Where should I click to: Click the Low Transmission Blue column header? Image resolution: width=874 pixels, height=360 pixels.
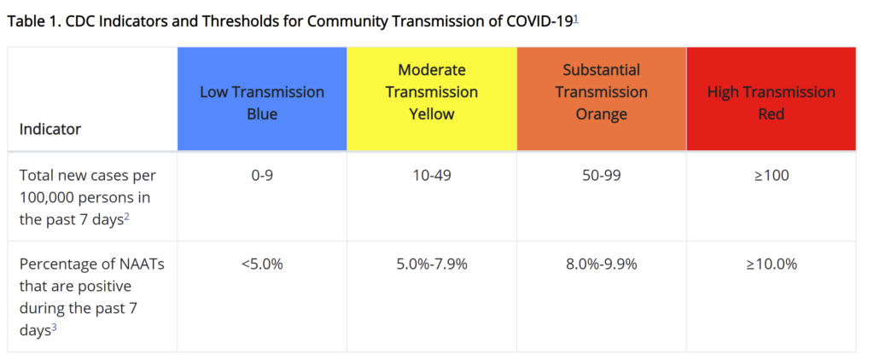pos(262,102)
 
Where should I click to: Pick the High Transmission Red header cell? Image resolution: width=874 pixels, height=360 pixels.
pos(771,102)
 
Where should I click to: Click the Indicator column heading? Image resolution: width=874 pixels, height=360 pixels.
pos(50,130)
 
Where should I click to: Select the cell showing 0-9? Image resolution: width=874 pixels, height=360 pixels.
pos(262,175)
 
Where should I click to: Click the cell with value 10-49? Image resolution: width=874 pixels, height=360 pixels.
pos(432,175)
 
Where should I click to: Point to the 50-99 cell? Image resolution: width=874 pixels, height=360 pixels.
pos(602,175)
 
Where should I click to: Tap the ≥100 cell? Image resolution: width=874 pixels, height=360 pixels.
pos(771,175)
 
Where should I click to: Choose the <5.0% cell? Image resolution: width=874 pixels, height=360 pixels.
pos(262,264)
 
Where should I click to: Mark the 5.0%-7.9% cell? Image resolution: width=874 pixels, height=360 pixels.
pos(432,264)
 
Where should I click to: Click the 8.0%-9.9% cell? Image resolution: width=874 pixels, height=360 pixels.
pos(602,264)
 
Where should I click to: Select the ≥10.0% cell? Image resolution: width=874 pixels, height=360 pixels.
pos(771,264)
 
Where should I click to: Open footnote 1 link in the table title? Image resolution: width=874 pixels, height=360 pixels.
pos(578,18)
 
